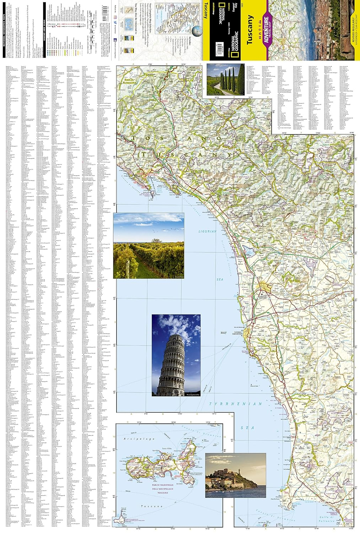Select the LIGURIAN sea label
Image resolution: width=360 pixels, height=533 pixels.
click(207, 231)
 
